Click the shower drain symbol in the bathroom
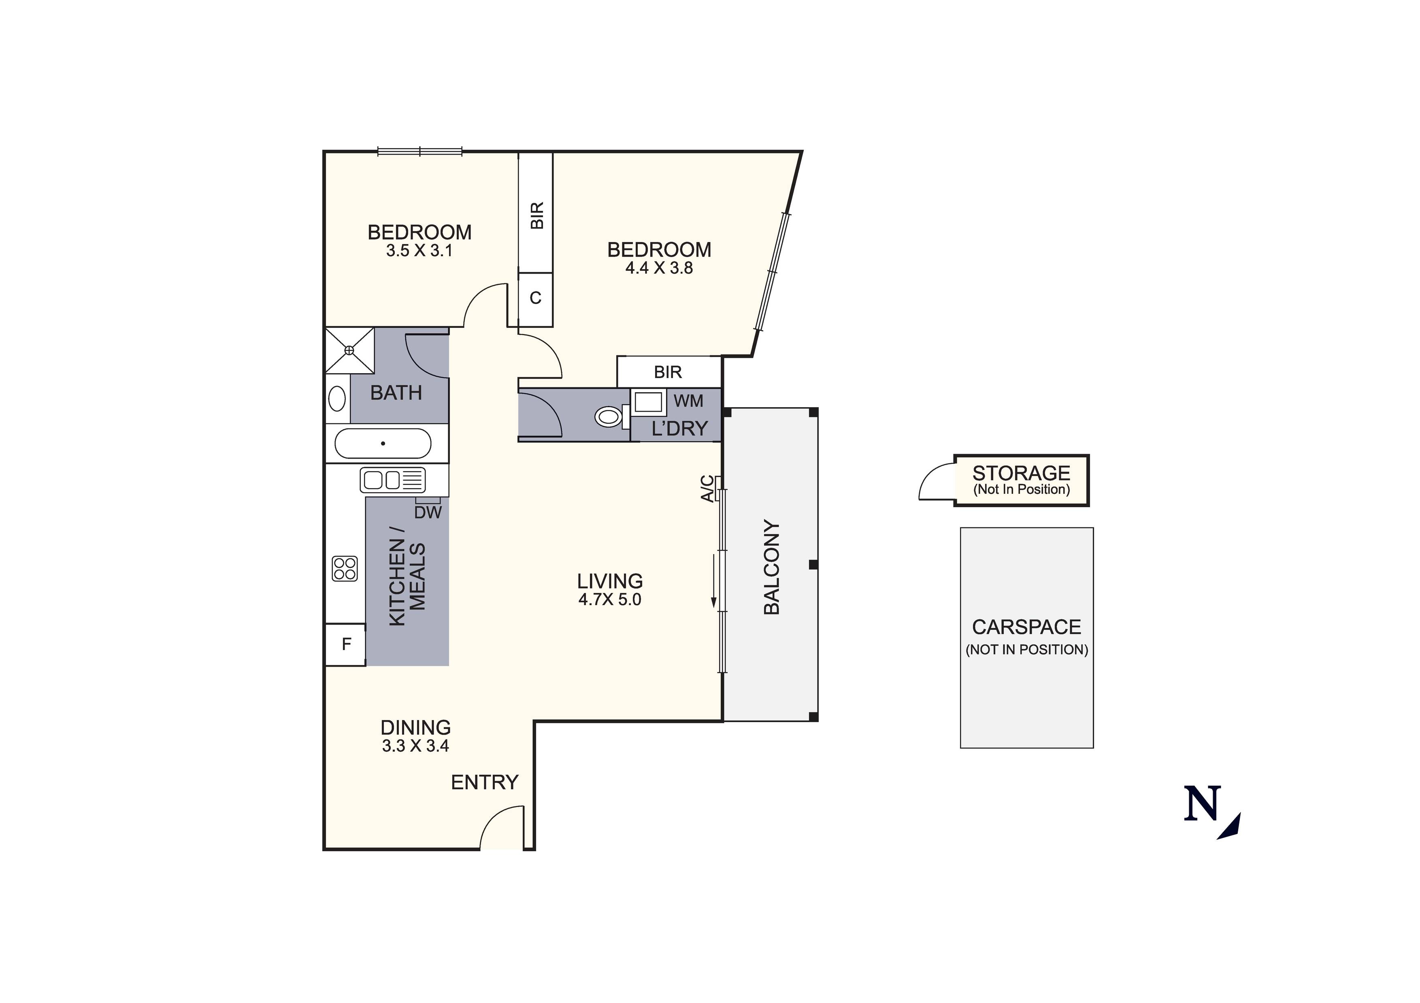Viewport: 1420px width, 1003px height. [x=349, y=351]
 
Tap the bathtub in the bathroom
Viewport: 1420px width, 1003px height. [x=383, y=443]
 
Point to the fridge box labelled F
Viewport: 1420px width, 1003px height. [x=346, y=644]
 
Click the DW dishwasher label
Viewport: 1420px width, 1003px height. [x=428, y=512]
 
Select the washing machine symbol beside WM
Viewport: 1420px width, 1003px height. [x=648, y=402]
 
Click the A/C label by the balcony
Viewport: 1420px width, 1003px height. [x=707, y=489]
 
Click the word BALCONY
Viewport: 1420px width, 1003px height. [x=771, y=567]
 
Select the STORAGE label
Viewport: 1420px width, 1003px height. [x=1021, y=473]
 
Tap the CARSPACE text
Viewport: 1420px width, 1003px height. [x=1027, y=627]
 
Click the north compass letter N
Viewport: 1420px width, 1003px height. [x=1202, y=803]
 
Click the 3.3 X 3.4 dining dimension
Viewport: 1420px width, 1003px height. [x=415, y=746]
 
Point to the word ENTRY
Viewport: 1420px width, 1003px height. [x=484, y=782]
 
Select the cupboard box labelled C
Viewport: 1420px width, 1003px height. [x=536, y=299]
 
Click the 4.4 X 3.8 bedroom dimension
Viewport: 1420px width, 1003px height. [x=659, y=268]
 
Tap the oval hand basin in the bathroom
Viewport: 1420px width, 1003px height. [x=337, y=399]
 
